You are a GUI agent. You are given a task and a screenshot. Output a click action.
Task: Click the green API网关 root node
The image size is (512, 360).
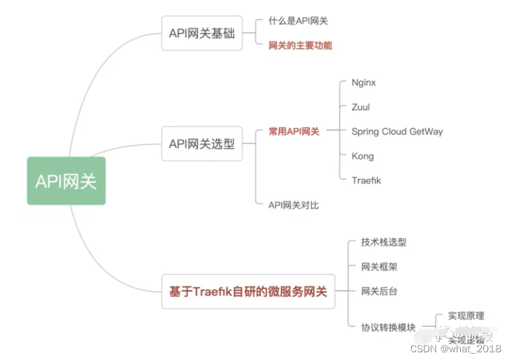pyautogui.click(x=66, y=181)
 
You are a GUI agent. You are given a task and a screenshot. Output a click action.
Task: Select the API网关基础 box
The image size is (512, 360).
pyautogui.click(x=202, y=33)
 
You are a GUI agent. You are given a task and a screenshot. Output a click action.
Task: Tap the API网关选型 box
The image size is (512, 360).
pyautogui.click(x=202, y=144)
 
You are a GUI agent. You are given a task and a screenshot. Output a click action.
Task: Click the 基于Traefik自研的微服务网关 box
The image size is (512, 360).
pyautogui.click(x=248, y=291)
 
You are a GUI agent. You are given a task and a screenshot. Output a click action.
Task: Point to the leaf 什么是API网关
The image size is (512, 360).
pyautogui.click(x=298, y=21)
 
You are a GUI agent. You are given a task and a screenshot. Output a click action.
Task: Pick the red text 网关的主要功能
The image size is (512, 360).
pyautogui.click(x=300, y=46)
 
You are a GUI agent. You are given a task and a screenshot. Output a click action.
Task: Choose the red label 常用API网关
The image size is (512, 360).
pyautogui.click(x=294, y=131)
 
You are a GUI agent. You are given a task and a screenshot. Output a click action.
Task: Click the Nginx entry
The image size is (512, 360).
pyautogui.click(x=363, y=83)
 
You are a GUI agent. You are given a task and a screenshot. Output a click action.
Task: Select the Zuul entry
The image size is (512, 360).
pyautogui.click(x=361, y=107)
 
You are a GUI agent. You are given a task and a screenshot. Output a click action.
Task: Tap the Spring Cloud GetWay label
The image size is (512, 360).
pyautogui.click(x=397, y=131)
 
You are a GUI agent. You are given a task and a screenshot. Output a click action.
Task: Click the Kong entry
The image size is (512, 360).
pyautogui.click(x=363, y=156)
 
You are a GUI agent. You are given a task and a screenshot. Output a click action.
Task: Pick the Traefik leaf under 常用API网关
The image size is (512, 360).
pyautogui.click(x=366, y=180)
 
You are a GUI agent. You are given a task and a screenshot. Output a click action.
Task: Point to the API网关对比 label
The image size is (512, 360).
pyautogui.click(x=294, y=205)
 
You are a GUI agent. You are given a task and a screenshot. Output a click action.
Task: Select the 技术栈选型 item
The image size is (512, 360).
pyautogui.click(x=384, y=242)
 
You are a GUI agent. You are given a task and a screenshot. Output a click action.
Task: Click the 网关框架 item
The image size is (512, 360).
pyautogui.click(x=379, y=267)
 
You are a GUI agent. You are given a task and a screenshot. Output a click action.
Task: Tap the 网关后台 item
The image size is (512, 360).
pyautogui.click(x=379, y=291)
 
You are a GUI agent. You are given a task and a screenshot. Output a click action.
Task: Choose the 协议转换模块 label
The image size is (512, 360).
pyautogui.click(x=389, y=328)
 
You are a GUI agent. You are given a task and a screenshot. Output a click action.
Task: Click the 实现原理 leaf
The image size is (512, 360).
pyautogui.click(x=466, y=316)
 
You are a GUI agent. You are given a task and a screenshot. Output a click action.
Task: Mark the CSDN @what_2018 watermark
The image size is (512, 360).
pyautogui.click(x=456, y=349)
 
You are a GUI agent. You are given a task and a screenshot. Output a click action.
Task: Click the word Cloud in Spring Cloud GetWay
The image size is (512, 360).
pyautogui.click(x=396, y=131)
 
